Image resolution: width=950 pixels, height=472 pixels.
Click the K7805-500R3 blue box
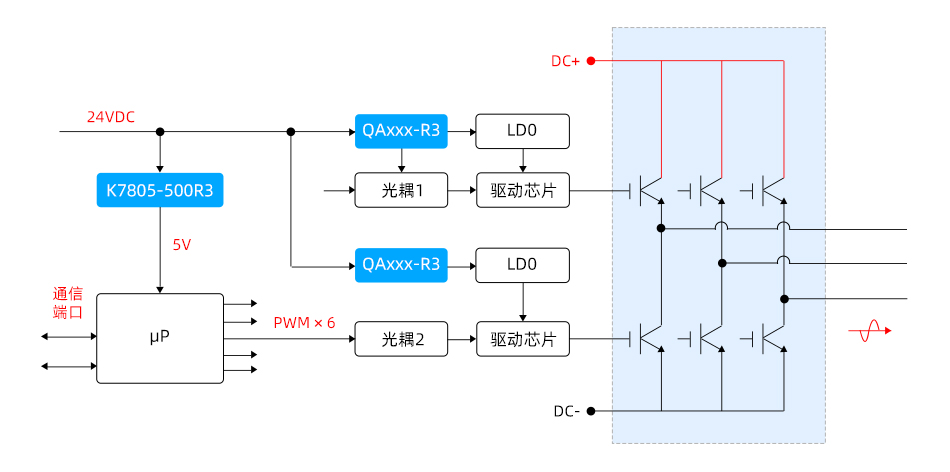tap(159, 190)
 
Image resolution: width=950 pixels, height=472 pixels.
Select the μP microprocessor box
tap(159, 338)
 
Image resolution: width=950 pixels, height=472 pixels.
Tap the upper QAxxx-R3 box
tap(401, 130)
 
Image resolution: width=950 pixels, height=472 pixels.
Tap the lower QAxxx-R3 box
tap(401, 265)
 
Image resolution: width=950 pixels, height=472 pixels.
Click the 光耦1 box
tap(401, 190)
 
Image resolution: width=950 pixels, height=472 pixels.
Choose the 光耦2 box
tap(401, 339)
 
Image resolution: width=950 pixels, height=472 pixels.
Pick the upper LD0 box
tap(523, 130)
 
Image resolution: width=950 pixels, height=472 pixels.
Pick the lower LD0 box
tap(523, 265)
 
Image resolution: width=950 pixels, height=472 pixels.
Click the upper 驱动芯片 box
tap(523, 190)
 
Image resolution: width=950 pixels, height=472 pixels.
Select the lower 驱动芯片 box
tap(523, 339)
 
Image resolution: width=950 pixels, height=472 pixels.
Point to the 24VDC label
tap(111, 116)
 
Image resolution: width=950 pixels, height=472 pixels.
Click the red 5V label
tap(181, 244)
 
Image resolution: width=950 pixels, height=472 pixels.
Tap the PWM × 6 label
tap(304, 323)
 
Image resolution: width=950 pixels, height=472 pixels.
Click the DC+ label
tap(565, 61)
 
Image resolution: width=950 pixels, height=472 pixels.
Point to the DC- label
tap(566, 411)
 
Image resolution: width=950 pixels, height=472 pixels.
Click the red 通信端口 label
tap(68, 303)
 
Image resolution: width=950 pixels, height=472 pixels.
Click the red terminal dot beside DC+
tap(591, 61)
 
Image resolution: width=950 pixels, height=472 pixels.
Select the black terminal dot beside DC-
tap(591, 411)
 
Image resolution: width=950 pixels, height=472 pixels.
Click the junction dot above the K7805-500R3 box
tap(160, 131)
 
